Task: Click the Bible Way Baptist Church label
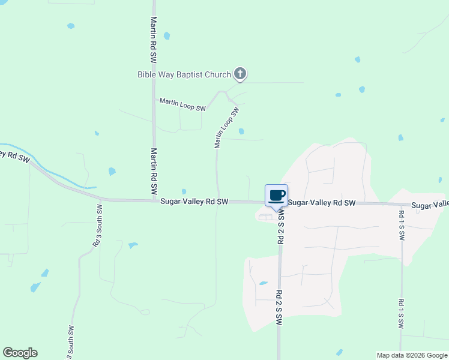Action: coord(184,75)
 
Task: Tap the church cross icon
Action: coord(240,74)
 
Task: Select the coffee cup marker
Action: coord(276,196)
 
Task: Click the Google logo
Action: coord(20,353)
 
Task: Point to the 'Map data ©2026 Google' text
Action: coord(412,355)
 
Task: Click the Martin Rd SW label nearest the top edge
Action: coord(153,40)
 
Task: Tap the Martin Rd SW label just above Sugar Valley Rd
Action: coord(154,170)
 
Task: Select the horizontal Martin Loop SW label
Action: coord(182,104)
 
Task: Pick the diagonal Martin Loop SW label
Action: coord(226,128)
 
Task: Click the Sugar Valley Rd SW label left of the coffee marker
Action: coord(194,202)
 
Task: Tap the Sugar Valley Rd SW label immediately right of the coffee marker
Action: coord(322,203)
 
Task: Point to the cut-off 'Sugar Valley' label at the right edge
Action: coord(430,205)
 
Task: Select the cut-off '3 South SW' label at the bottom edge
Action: coord(71,343)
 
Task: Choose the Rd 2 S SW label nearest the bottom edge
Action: coord(279,308)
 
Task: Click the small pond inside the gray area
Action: coord(263,283)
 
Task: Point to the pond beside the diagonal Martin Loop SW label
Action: coord(241,131)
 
